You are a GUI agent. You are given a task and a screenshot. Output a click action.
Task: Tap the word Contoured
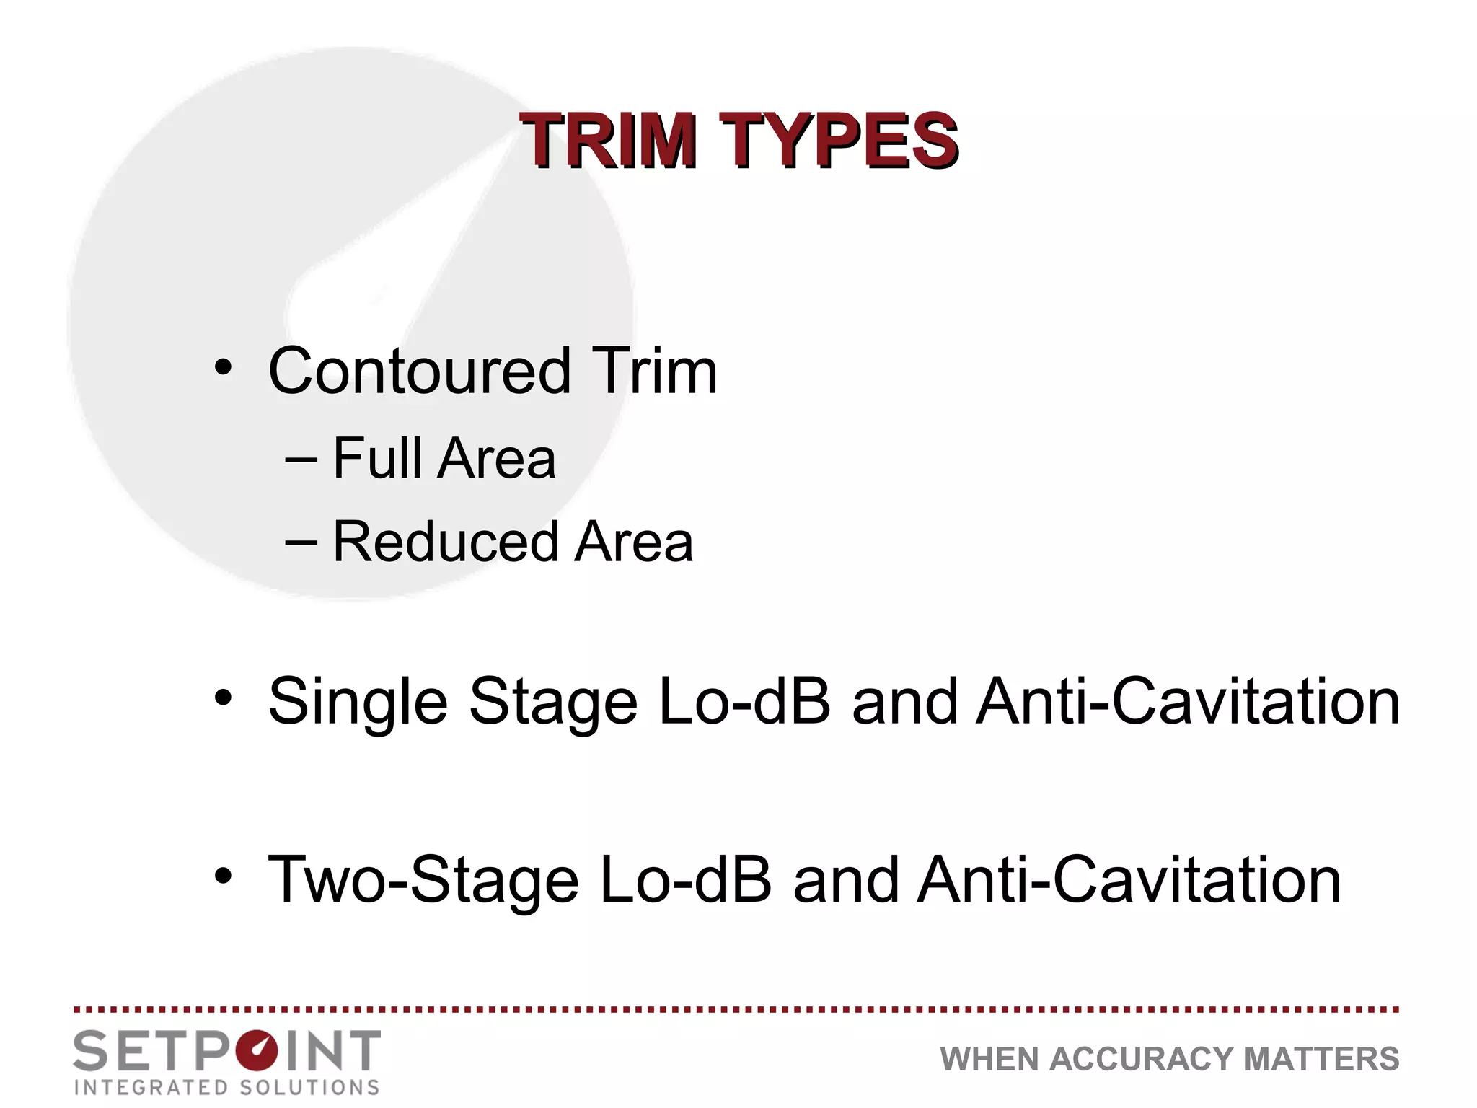coord(419,371)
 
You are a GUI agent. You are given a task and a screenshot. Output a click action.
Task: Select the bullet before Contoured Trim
coord(224,368)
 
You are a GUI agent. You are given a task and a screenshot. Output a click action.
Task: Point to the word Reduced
coord(446,542)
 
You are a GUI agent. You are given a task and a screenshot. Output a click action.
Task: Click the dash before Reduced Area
coord(301,542)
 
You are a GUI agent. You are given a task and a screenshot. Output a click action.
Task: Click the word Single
coord(358,702)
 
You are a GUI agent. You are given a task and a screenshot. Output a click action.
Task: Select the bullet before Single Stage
coord(224,698)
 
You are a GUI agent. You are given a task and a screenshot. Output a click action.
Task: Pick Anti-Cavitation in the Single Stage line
coord(1188,701)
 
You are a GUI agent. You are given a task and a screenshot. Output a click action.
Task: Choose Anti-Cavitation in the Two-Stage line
coord(1129,880)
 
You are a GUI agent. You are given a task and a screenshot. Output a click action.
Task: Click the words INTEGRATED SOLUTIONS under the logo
coord(227,1088)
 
